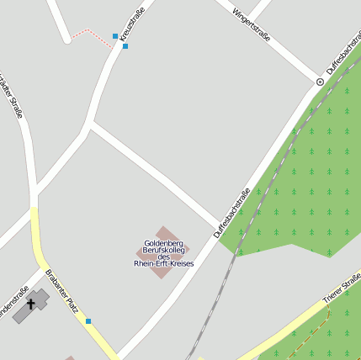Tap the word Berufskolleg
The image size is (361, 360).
(164, 250)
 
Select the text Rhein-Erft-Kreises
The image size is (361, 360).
(164, 264)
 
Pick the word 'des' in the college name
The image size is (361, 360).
(164, 257)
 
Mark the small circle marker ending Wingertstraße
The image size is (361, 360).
(320, 82)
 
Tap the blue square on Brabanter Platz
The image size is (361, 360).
(88, 320)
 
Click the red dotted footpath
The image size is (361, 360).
(89, 33)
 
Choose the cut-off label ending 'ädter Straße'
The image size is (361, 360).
(10, 92)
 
